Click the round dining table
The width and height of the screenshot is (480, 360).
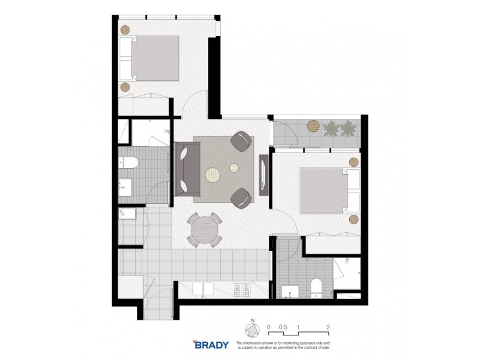(x=204, y=229)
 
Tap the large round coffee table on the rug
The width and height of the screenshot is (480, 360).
(x=214, y=175)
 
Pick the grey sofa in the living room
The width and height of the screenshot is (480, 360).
(x=187, y=170)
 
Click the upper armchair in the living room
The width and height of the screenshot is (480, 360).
(x=242, y=142)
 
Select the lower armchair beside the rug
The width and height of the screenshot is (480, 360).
(x=242, y=197)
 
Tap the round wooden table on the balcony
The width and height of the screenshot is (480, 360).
(x=314, y=126)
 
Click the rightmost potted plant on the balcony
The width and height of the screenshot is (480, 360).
(x=347, y=128)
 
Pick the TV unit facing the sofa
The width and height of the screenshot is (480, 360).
(x=263, y=173)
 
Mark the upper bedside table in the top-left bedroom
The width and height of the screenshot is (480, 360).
(x=125, y=29)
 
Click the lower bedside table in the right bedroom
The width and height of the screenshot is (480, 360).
(x=353, y=219)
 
